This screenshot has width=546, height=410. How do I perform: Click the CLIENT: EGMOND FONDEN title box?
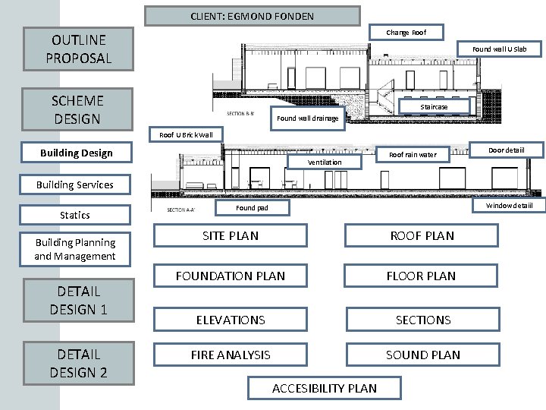tap(253, 16)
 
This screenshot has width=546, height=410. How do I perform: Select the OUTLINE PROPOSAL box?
tap(79, 49)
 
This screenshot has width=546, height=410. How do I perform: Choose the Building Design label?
tap(77, 153)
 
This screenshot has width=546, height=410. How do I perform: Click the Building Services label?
tap(75, 184)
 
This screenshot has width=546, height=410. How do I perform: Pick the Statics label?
tap(75, 215)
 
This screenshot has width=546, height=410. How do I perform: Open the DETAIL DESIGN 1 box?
tap(78, 300)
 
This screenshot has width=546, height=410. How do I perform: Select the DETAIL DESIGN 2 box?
tap(78, 363)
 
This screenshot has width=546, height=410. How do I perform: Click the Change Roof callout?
tap(406, 33)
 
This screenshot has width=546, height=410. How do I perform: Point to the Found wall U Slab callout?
tap(499, 49)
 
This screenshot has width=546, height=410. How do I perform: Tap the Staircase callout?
tap(434, 107)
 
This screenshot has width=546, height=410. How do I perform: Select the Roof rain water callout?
tap(413, 155)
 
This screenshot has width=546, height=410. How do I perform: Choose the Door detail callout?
tap(506, 150)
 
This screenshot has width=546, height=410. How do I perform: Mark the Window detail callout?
tap(509, 205)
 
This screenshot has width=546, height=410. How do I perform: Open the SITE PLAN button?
tap(231, 236)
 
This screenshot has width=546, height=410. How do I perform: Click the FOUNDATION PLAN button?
tap(231, 276)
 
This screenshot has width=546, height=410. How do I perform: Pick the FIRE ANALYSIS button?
tap(231, 355)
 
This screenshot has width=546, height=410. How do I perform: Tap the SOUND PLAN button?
tap(423, 355)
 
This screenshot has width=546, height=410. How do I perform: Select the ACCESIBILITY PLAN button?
tap(325, 388)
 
